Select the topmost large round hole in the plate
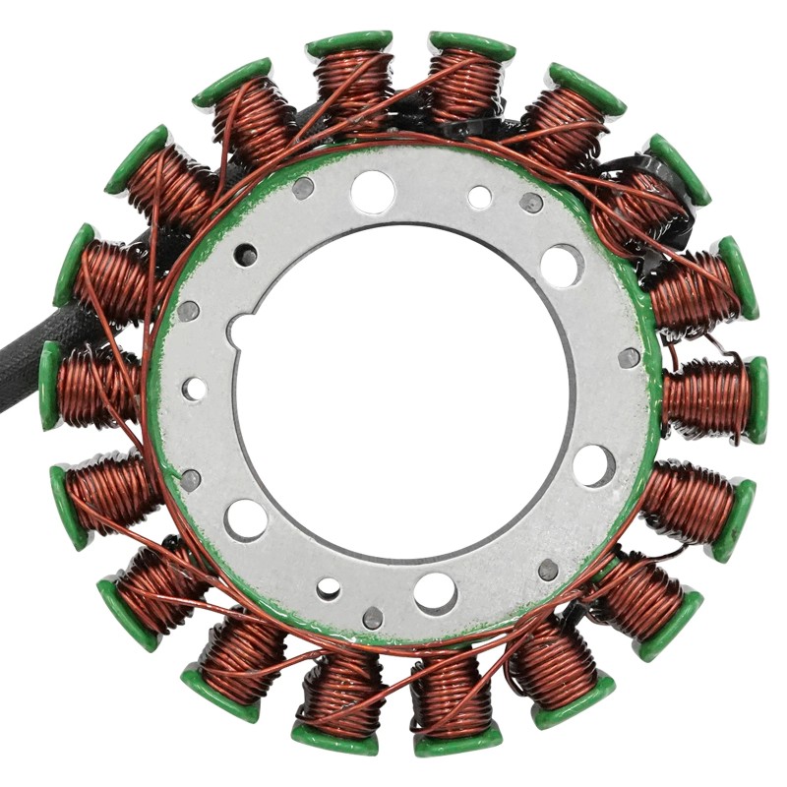tap(372, 191)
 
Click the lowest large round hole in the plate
tap(435, 592)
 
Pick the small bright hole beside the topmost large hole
tap(479, 198)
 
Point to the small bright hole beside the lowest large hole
tap(329, 588)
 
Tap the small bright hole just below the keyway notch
tap(195, 389)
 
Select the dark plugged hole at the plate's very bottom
tap(373, 618)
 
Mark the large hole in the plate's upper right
tap(561, 265)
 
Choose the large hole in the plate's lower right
tap(593, 464)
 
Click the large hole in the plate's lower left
tap(245, 518)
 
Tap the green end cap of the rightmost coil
tap(757, 398)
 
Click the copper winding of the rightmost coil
tap(706, 397)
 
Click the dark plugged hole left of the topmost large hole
tap(303, 187)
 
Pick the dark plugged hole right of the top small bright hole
tap(531, 203)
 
